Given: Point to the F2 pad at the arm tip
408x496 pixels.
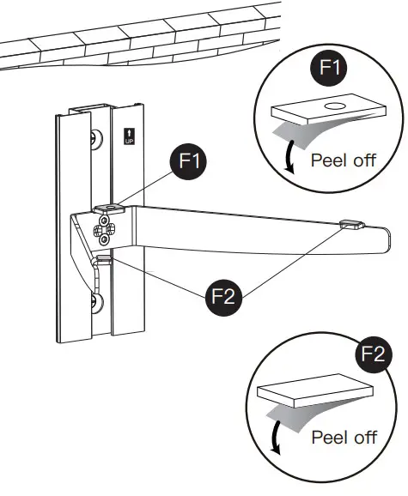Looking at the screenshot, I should (x=350, y=225).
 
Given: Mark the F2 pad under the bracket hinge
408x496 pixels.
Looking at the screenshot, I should (x=104, y=256).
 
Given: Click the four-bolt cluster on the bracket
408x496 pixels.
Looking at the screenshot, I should (x=106, y=227).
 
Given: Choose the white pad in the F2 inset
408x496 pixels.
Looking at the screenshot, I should (x=314, y=390).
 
